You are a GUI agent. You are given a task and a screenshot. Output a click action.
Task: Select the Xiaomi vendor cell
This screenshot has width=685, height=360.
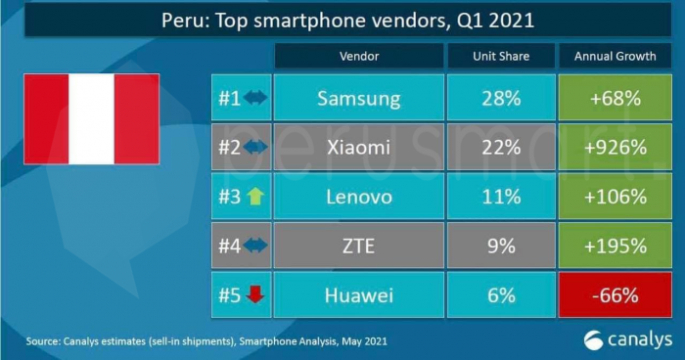(358, 147)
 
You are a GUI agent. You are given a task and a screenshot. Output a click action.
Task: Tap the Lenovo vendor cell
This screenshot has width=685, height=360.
(358, 197)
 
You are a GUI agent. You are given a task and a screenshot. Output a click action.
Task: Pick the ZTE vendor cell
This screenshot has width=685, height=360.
(358, 247)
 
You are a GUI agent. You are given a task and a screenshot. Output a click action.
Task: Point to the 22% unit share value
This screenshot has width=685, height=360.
(500, 147)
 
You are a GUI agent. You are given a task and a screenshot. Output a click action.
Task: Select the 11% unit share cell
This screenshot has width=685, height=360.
(500, 197)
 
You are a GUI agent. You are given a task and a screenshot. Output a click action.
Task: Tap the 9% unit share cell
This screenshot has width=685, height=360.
(500, 247)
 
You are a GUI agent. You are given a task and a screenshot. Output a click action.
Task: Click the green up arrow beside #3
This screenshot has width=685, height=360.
(254, 197)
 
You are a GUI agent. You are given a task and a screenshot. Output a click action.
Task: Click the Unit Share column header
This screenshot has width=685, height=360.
(500, 57)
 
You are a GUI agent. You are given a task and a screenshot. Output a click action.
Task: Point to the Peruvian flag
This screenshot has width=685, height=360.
(91, 118)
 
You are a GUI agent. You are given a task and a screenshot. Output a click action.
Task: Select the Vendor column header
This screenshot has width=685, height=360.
(358, 57)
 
